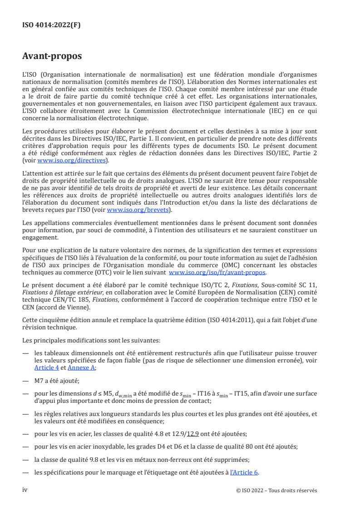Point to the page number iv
(25, 490)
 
